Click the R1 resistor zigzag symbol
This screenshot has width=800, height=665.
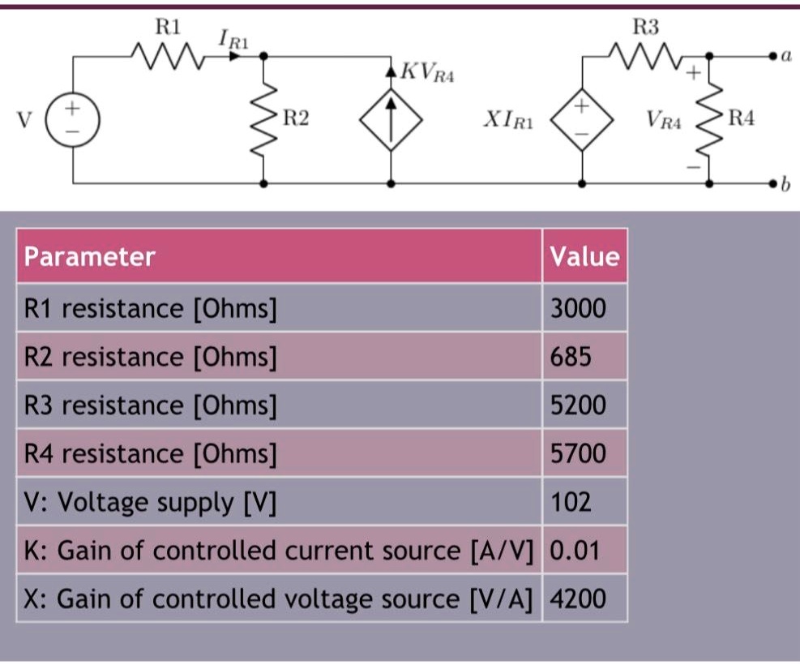[x=168, y=56]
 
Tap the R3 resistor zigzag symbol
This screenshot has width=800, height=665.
[x=646, y=56]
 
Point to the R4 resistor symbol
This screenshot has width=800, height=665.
[x=709, y=120]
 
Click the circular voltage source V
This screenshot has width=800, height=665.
[x=73, y=119]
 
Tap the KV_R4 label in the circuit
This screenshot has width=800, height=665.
[x=429, y=75]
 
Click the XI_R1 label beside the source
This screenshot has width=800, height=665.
[x=508, y=121]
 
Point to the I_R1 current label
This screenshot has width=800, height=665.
[x=230, y=39]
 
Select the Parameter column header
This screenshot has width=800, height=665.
[x=89, y=256]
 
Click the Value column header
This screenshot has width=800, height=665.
[x=584, y=256]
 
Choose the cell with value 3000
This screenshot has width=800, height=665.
[x=578, y=308]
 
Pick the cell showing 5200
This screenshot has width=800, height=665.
[x=578, y=405]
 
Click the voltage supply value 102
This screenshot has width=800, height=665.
[x=571, y=502]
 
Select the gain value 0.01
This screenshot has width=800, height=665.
[x=575, y=551]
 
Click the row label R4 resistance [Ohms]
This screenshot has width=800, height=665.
[x=151, y=453]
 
